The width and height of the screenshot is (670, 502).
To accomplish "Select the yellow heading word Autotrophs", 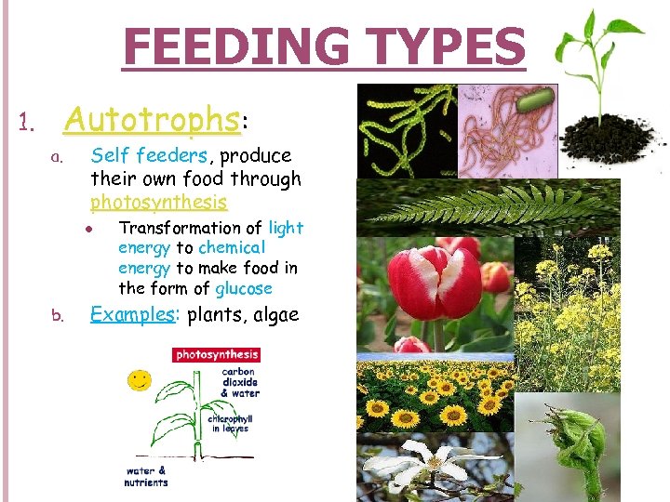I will coord(151,119).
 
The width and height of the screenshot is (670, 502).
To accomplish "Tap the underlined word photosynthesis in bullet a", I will coord(158,202).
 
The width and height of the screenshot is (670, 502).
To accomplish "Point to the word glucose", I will coord(244,288).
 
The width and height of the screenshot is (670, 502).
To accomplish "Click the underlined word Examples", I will coord(132,314).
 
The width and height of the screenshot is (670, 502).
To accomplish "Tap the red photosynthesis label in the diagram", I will coord(217,354).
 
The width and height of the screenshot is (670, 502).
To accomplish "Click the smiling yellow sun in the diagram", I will coord(141,379).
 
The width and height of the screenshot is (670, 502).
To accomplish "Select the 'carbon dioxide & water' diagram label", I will coord(240,383).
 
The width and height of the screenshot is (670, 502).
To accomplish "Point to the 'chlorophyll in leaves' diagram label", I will coord(232,424).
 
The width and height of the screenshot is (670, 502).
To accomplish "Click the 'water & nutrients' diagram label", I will coord(147,476).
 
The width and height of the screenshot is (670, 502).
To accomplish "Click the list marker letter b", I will coord(58,316).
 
